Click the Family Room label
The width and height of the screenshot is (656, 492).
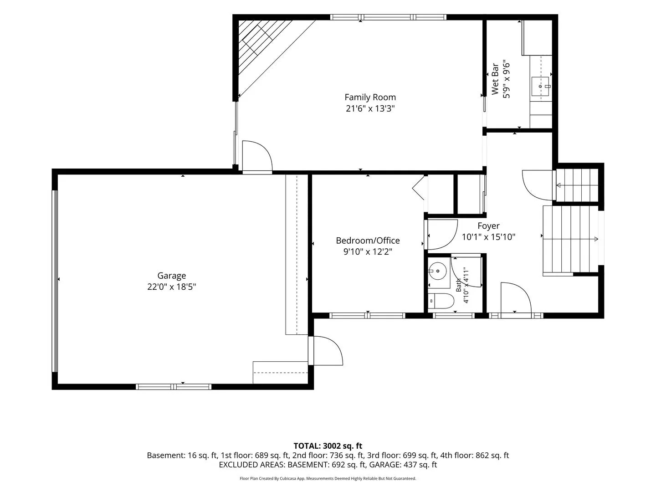pyautogui.click(x=370, y=97)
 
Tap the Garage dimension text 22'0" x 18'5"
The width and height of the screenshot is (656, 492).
pyautogui.click(x=172, y=287)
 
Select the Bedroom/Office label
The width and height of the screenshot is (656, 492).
pyautogui.click(x=368, y=241)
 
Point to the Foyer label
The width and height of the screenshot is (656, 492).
pyautogui.click(x=488, y=226)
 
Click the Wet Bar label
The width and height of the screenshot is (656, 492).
pyautogui.click(x=495, y=79)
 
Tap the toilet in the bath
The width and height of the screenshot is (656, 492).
pyautogui.click(x=441, y=301)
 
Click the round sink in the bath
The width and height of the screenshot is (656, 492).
pyautogui.click(x=438, y=271)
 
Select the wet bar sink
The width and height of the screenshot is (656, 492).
pyautogui.click(x=540, y=87)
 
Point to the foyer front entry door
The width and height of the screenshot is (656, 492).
pyautogui.click(x=516, y=297)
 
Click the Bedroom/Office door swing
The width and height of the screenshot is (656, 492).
pyautogui.click(x=443, y=235)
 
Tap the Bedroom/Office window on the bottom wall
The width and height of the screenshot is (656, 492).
pyautogui.click(x=367, y=315)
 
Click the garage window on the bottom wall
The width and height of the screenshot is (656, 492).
pyautogui.click(x=174, y=387)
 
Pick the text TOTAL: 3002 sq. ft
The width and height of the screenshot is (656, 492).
pyautogui.click(x=328, y=446)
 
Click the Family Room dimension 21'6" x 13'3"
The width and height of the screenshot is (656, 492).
pyautogui.click(x=370, y=108)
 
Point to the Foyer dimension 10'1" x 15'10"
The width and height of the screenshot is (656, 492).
pyautogui.click(x=489, y=237)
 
